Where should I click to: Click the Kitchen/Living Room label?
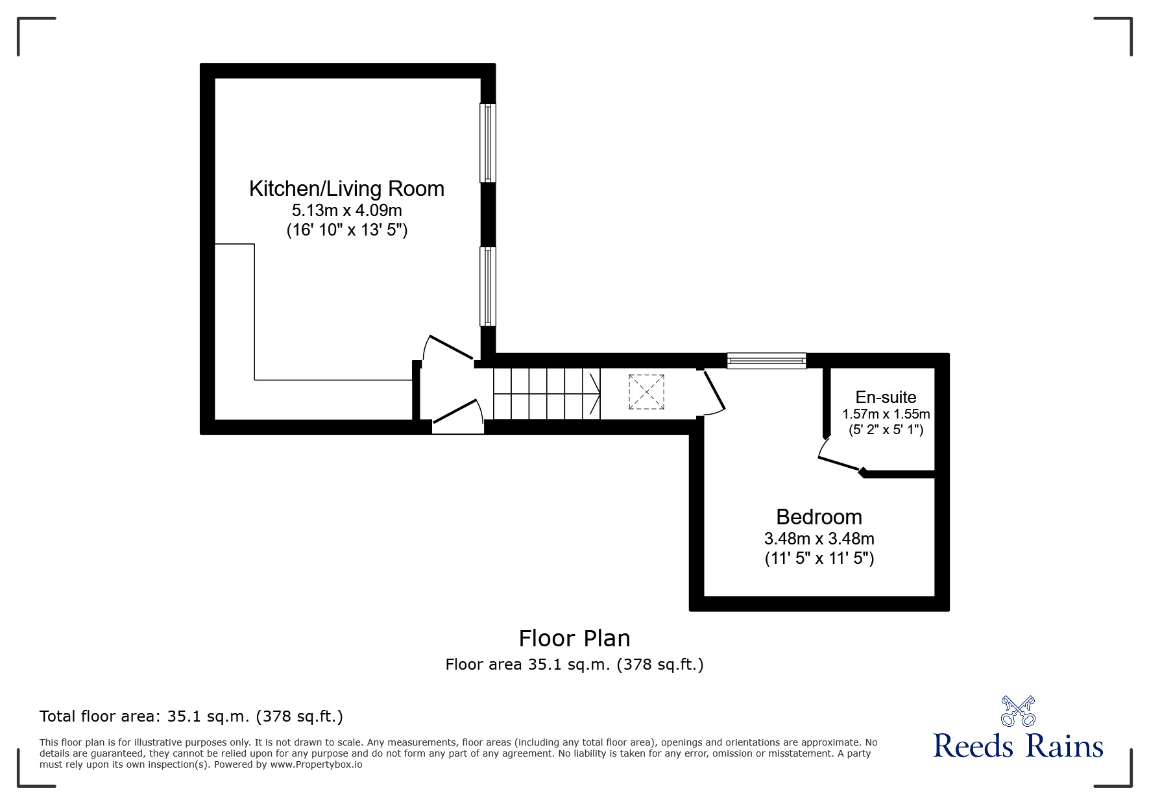coord(346,189)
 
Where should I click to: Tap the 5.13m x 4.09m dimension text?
coord(346,210)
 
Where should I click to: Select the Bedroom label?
coord(819,517)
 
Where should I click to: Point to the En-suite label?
coord(886,397)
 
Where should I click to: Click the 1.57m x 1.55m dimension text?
coord(886,414)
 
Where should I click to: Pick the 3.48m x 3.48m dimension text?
coord(819,539)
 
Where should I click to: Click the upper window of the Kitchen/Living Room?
coord(487,143)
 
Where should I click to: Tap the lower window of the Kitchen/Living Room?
coord(487,286)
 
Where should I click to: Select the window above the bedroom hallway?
coord(766,361)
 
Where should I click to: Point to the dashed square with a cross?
coord(646,392)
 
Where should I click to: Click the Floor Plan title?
coord(574,639)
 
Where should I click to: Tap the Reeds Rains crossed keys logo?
coord(1018,711)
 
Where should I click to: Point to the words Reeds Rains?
coord(1018,746)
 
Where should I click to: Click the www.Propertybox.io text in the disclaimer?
coord(316,764)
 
